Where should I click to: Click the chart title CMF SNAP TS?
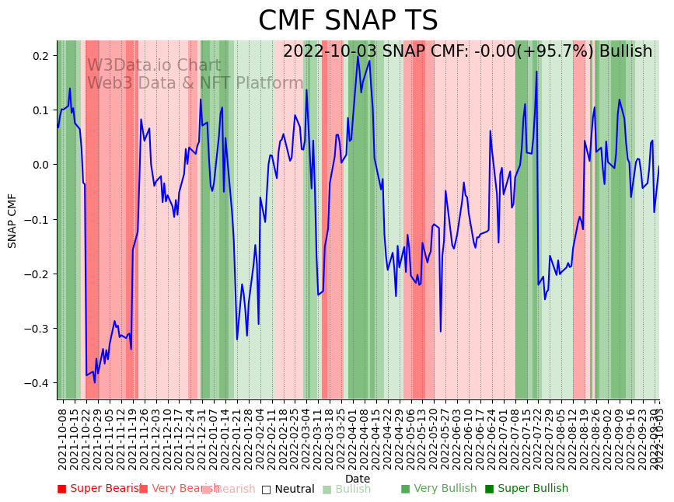coord(347,21)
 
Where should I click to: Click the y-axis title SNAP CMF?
coord(12,221)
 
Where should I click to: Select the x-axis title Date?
coord(358,479)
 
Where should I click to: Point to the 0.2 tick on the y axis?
coord(40,56)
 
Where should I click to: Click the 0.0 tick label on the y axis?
coord(40,165)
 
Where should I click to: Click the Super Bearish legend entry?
coord(100,489)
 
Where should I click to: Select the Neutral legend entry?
coord(288,489)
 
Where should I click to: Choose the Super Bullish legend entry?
coord(527,489)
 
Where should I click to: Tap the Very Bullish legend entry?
coord(439,489)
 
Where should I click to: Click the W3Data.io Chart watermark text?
coord(154,65)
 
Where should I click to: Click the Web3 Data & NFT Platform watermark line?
coord(194,83)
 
